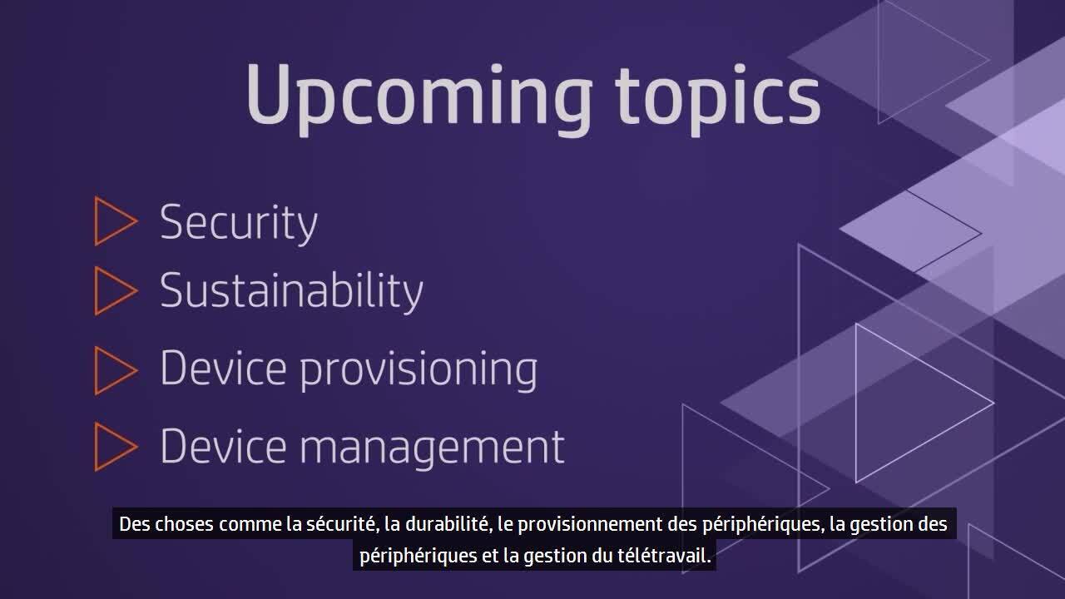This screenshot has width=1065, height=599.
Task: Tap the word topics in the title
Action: coord(718,97)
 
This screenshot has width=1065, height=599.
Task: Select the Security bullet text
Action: coord(239,224)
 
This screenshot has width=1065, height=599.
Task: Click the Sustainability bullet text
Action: coord(291,291)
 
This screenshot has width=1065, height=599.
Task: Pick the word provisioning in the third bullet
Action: coord(419,370)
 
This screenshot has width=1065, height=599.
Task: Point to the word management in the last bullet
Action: coord(432,448)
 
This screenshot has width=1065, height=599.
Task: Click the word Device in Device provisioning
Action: coord(223,367)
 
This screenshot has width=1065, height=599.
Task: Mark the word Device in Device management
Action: coord(223,445)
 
